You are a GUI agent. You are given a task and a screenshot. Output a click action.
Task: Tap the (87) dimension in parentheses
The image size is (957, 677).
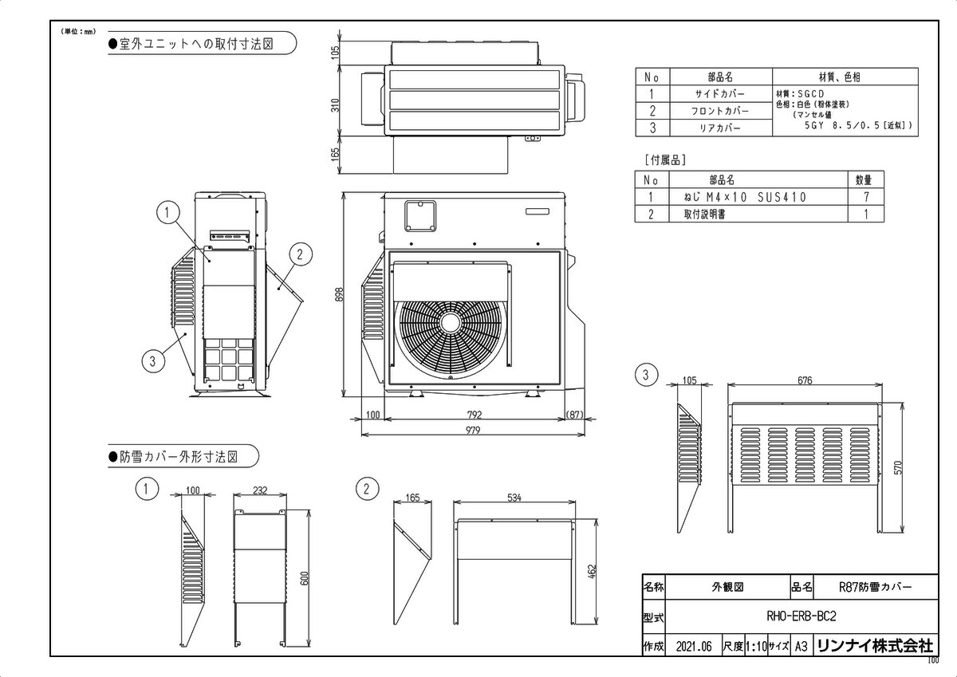tap(574, 415)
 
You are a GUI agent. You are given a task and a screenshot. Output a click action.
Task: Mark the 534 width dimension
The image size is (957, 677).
tap(514, 498)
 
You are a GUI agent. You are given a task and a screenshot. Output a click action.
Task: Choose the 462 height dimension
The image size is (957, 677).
tap(593, 571)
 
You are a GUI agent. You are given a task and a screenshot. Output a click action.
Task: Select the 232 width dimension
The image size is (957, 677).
tap(259, 491)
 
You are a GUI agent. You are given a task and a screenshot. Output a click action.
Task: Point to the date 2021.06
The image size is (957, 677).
tap(692, 647)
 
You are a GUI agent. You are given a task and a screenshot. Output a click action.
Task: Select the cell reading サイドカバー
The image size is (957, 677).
tap(719, 94)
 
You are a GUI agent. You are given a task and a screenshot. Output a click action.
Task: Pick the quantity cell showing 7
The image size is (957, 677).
tap(865, 197)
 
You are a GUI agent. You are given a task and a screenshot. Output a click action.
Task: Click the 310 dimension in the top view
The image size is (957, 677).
tap(336, 105)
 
